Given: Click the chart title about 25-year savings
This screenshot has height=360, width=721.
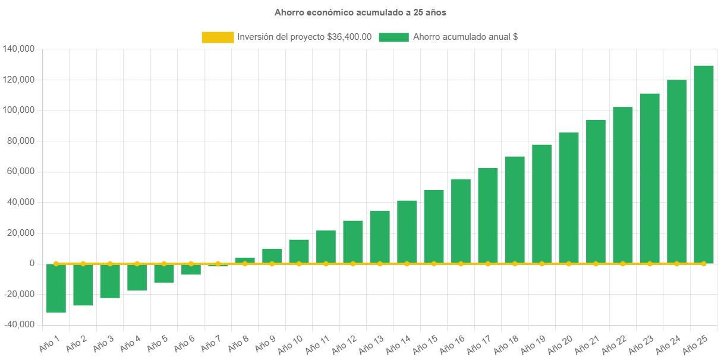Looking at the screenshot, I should pyautogui.click(x=360, y=12).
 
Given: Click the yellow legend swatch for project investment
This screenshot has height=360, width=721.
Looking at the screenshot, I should pyautogui.click(x=218, y=37).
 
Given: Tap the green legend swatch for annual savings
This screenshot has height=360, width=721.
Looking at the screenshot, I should pyautogui.click(x=393, y=37).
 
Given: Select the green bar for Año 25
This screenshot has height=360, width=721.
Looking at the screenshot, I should pyautogui.click(x=704, y=163).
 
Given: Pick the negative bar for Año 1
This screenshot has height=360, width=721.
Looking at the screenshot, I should pyautogui.click(x=56, y=288).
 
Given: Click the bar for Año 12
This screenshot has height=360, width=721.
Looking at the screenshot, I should pyautogui.click(x=353, y=242).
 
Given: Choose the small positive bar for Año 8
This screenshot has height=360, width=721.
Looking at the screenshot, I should pyautogui.click(x=245, y=260).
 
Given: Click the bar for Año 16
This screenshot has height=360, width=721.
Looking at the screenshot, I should pyautogui.click(x=461, y=221).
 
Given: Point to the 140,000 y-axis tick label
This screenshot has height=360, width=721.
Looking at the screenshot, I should pyautogui.click(x=18, y=49).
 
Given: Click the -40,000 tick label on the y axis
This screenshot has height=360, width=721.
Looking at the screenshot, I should pyautogui.click(x=18, y=324).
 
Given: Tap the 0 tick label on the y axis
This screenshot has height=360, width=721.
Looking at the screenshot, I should pyautogui.click(x=32, y=263).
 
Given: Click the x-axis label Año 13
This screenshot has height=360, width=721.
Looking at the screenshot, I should pyautogui.click(x=371, y=343).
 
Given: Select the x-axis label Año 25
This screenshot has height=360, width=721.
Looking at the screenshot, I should pyautogui.click(x=695, y=343).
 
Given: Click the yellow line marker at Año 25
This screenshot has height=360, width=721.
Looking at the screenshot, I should pyautogui.click(x=704, y=263).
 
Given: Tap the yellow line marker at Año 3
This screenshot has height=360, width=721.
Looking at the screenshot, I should pyautogui.click(x=110, y=263).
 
